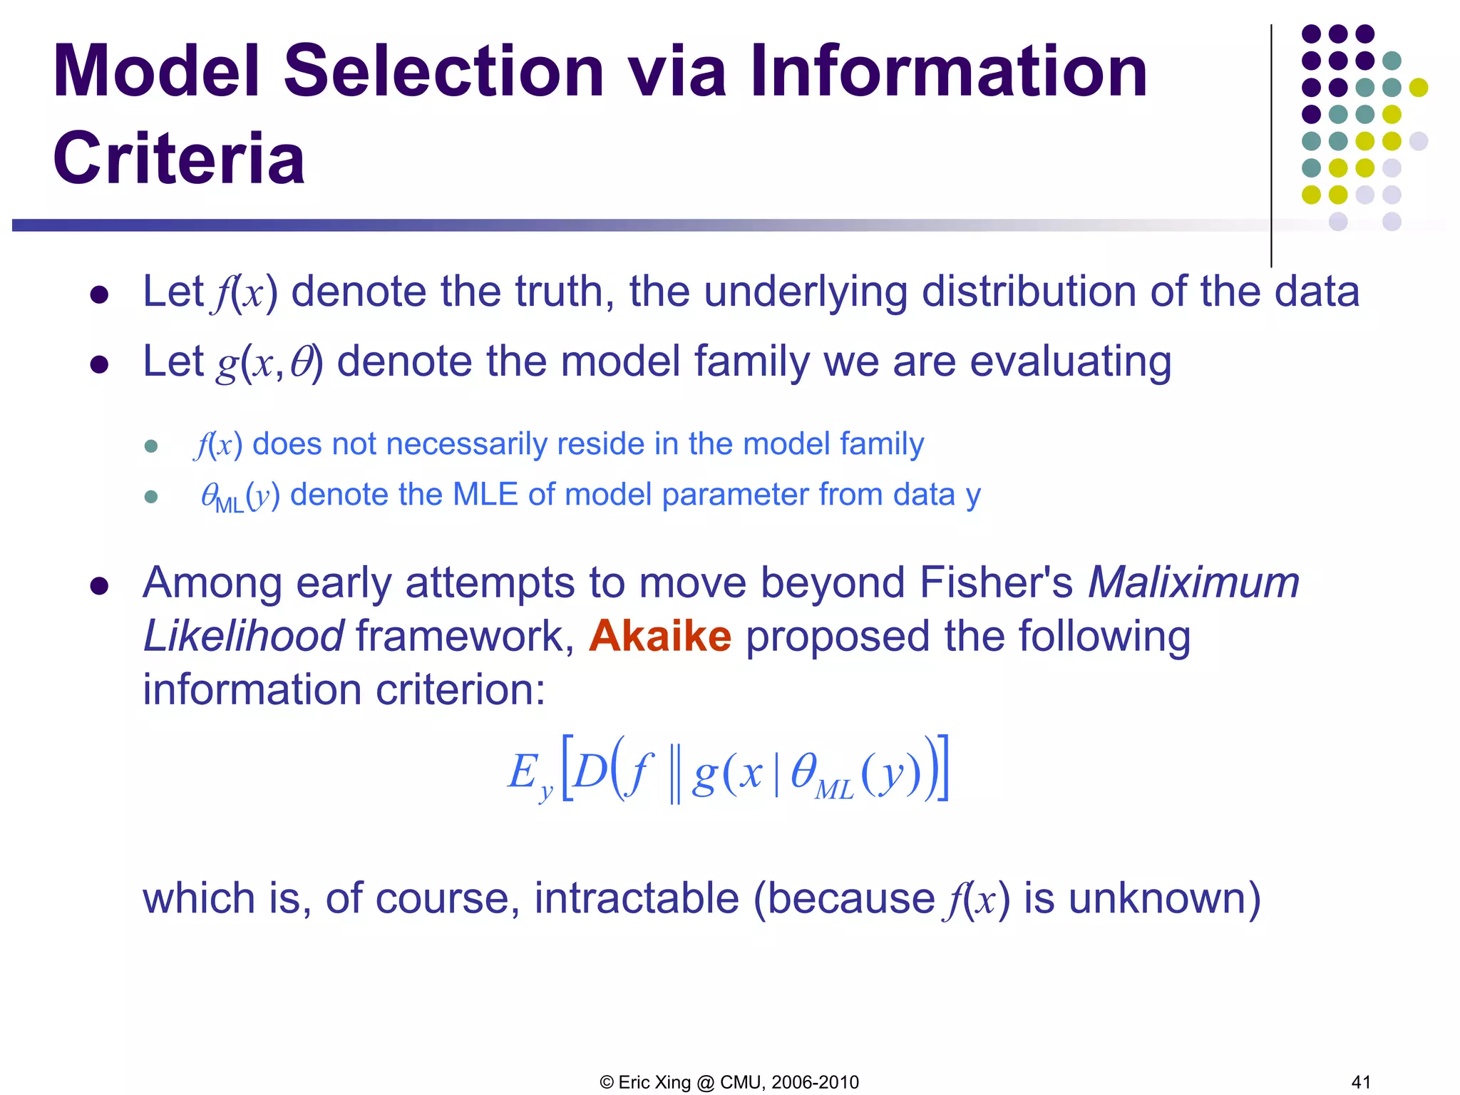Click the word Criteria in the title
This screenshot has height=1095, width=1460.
coord(178,158)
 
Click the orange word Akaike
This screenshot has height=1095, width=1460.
coord(660,635)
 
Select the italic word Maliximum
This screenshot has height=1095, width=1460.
coord(1193,582)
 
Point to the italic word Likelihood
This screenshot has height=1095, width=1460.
coord(243,635)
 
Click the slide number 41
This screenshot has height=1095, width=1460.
coord(1361,1081)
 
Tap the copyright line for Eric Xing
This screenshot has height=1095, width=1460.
coord(729,1082)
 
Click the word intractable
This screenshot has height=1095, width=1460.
coord(637,898)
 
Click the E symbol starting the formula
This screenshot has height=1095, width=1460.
coord(523,772)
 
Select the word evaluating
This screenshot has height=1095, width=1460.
coord(1070,361)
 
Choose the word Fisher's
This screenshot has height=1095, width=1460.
coord(995,582)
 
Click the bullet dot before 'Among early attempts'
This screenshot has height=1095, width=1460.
coord(99,586)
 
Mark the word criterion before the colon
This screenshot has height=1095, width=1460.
coord(453,689)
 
